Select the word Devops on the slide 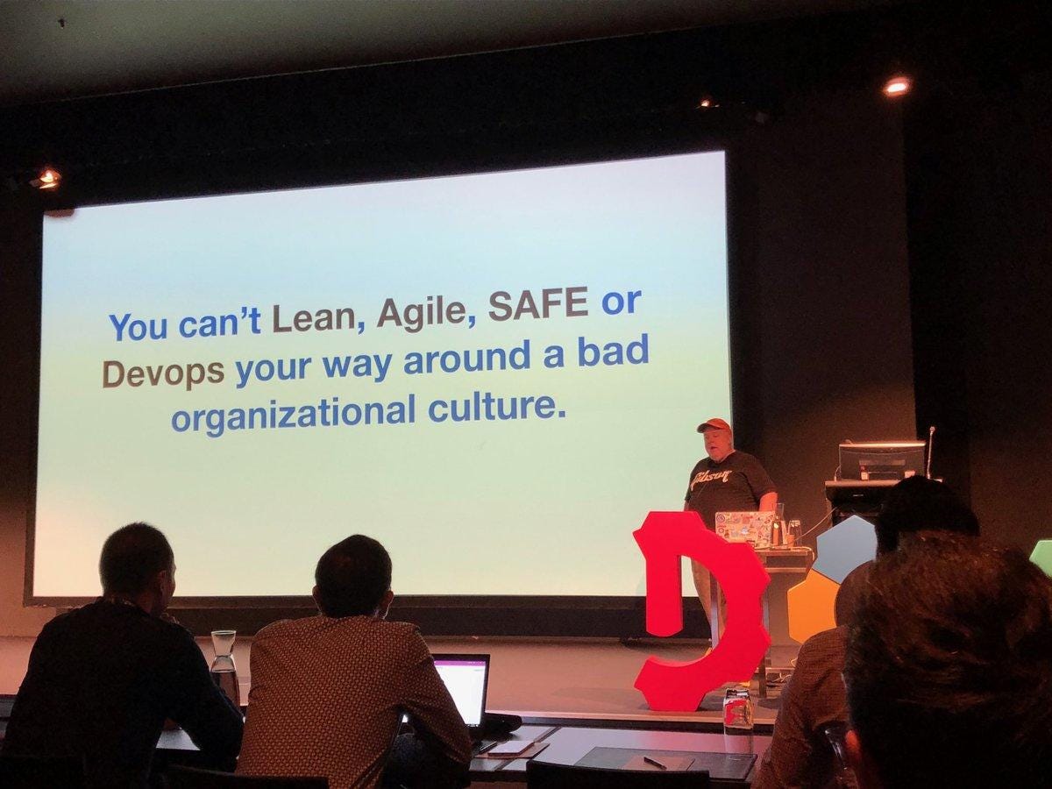point(163,371)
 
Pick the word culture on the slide point(494,405)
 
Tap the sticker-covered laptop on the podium point(744,527)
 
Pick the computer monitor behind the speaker point(881,460)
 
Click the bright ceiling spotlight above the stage point(896,86)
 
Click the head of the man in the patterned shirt point(353,576)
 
